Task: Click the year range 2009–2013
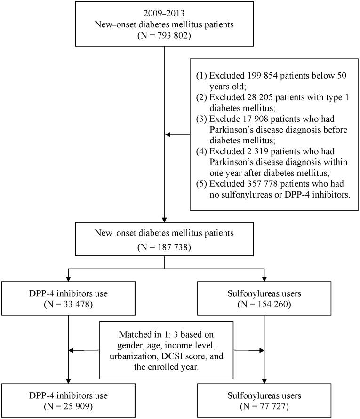coord(164,15)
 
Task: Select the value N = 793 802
coord(164,36)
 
